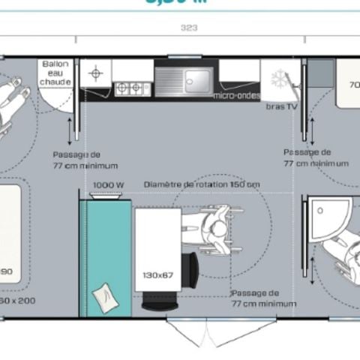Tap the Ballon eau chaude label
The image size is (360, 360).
pos(55,73)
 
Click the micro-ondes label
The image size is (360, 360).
pos(235,95)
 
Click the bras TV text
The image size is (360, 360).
pos(280,106)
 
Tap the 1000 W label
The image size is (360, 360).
pos(108,184)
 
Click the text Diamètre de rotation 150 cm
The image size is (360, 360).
pos(202,184)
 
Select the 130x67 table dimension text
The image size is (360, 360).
pos(158,275)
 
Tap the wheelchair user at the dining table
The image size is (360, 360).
pos(218,228)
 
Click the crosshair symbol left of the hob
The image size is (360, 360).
pos(96,73)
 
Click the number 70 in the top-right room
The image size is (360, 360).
pos(352,85)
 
